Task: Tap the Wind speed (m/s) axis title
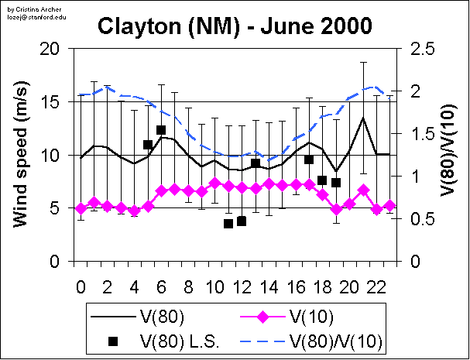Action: [22, 155]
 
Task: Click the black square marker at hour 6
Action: [161, 130]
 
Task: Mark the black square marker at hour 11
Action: [228, 224]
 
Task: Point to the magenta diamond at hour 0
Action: [81, 208]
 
